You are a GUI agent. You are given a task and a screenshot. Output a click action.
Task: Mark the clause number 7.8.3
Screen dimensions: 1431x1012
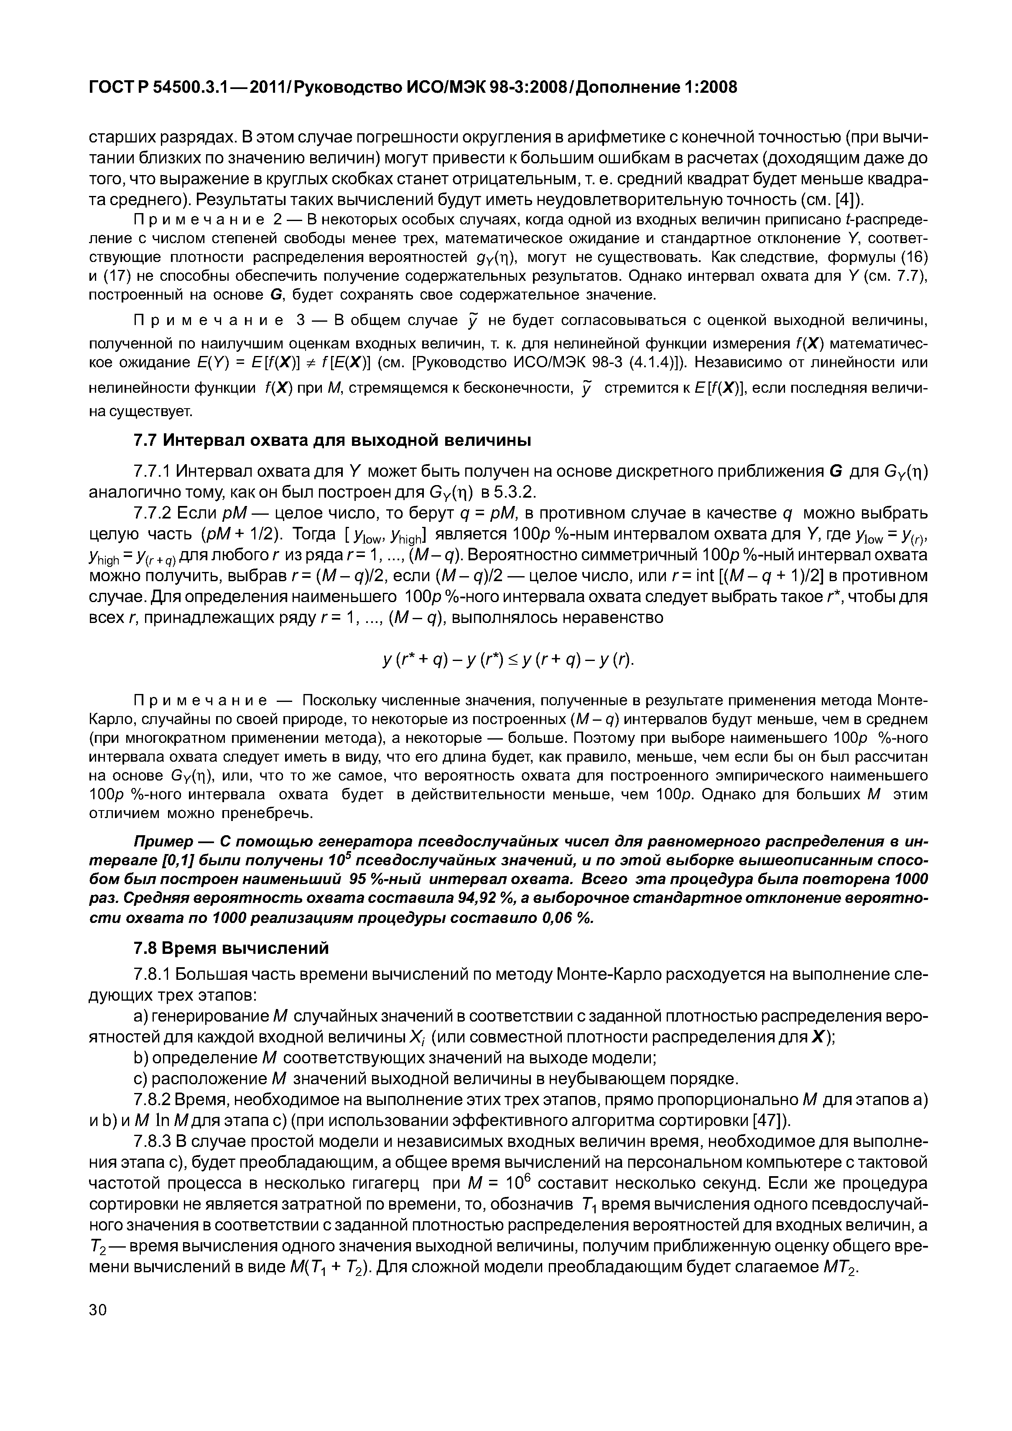pos(153,1142)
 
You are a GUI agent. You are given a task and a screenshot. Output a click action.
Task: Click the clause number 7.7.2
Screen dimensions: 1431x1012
pos(153,513)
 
